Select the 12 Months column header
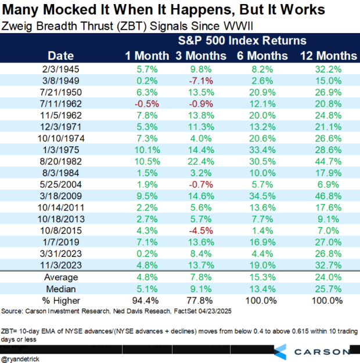[328, 56]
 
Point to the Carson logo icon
[280, 351]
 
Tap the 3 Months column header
[199, 56]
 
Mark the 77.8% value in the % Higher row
[199, 301]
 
